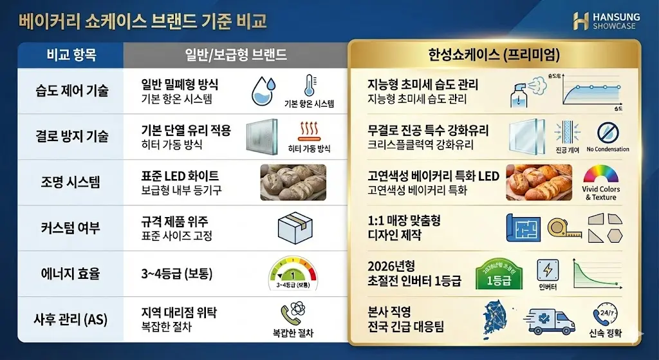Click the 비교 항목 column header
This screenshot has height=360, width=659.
(x=71, y=55)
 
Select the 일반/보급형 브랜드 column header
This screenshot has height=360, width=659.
(x=236, y=55)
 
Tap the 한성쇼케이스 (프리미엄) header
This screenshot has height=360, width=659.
(x=494, y=55)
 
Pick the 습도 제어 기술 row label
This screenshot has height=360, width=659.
(x=71, y=90)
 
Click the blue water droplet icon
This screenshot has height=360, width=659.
(x=263, y=91)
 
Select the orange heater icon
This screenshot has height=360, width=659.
(x=310, y=131)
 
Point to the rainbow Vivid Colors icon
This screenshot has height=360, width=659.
(x=600, y=175)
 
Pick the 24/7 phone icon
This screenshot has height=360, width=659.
(x=605, y=316)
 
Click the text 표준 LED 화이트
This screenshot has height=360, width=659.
(x=180, y=175)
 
